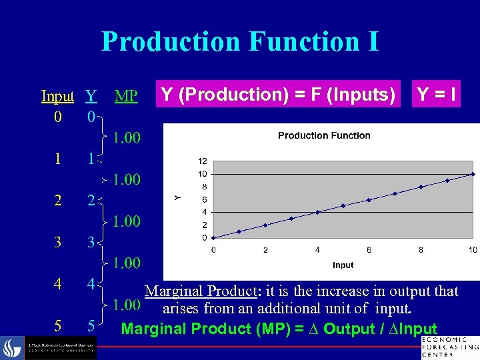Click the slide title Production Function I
(240, 41)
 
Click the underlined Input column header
(57, 97)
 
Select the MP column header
(126, 97)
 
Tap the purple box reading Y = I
(437, 95)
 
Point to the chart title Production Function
(324, 135)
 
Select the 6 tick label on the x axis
(369, 250)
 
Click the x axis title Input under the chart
(343, 265)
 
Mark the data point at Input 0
(213, 237)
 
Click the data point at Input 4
(317, 212)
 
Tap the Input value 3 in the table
(58, 243)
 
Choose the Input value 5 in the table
(58, 326)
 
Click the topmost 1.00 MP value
(126, 139)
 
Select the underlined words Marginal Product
(201, 291)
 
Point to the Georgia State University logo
(50, 347)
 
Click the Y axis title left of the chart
(177, 197)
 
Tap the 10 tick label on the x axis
(473, 250)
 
